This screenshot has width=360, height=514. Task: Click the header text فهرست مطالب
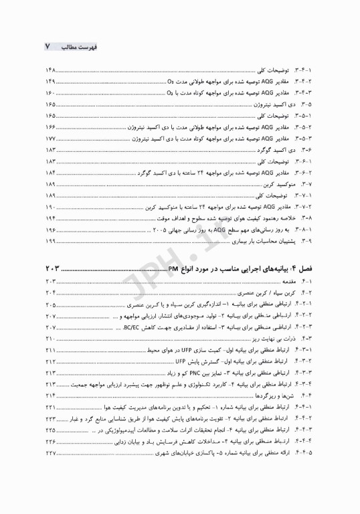click(73, 48)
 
